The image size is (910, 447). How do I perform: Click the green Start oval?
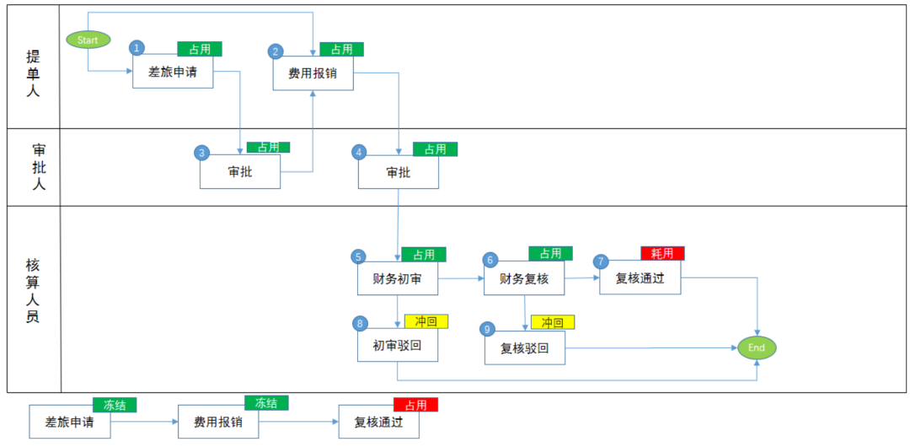click(x=88, y=40)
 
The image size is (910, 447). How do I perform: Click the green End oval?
click(x=756, y=347)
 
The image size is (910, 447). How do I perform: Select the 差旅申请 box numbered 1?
click(x=173, y=73)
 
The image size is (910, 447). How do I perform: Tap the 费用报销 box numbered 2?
click(x=313, y=73)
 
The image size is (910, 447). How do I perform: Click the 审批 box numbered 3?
click(x=239, y=172)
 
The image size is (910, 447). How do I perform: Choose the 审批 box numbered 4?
click(x=398, y=172)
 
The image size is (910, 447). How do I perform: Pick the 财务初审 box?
click(x=397, y=278)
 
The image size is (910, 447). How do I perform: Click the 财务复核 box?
click(x=523, y=278)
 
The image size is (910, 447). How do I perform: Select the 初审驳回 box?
click(x=397, y=345)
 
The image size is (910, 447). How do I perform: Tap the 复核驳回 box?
click(x=524, y=347)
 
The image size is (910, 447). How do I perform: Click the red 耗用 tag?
click(x=662, y=253)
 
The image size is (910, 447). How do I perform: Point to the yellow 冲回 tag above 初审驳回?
click(x=426, y=321)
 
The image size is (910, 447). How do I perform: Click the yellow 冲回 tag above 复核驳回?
click(x=552, y=322)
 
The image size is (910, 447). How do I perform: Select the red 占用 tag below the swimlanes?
click(x=415, y=405)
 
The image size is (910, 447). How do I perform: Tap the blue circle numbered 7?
click(x=601, y=261)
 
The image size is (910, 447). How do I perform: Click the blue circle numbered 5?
click(x=359, y=256)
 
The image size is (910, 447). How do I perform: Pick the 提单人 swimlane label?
click(x=33, y=73)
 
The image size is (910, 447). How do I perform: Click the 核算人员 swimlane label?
click(x=33, y=292)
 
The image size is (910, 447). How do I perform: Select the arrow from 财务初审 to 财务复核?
click(x=460, y=277)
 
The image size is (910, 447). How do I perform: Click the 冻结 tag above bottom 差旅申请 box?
click(x=114, y=405)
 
